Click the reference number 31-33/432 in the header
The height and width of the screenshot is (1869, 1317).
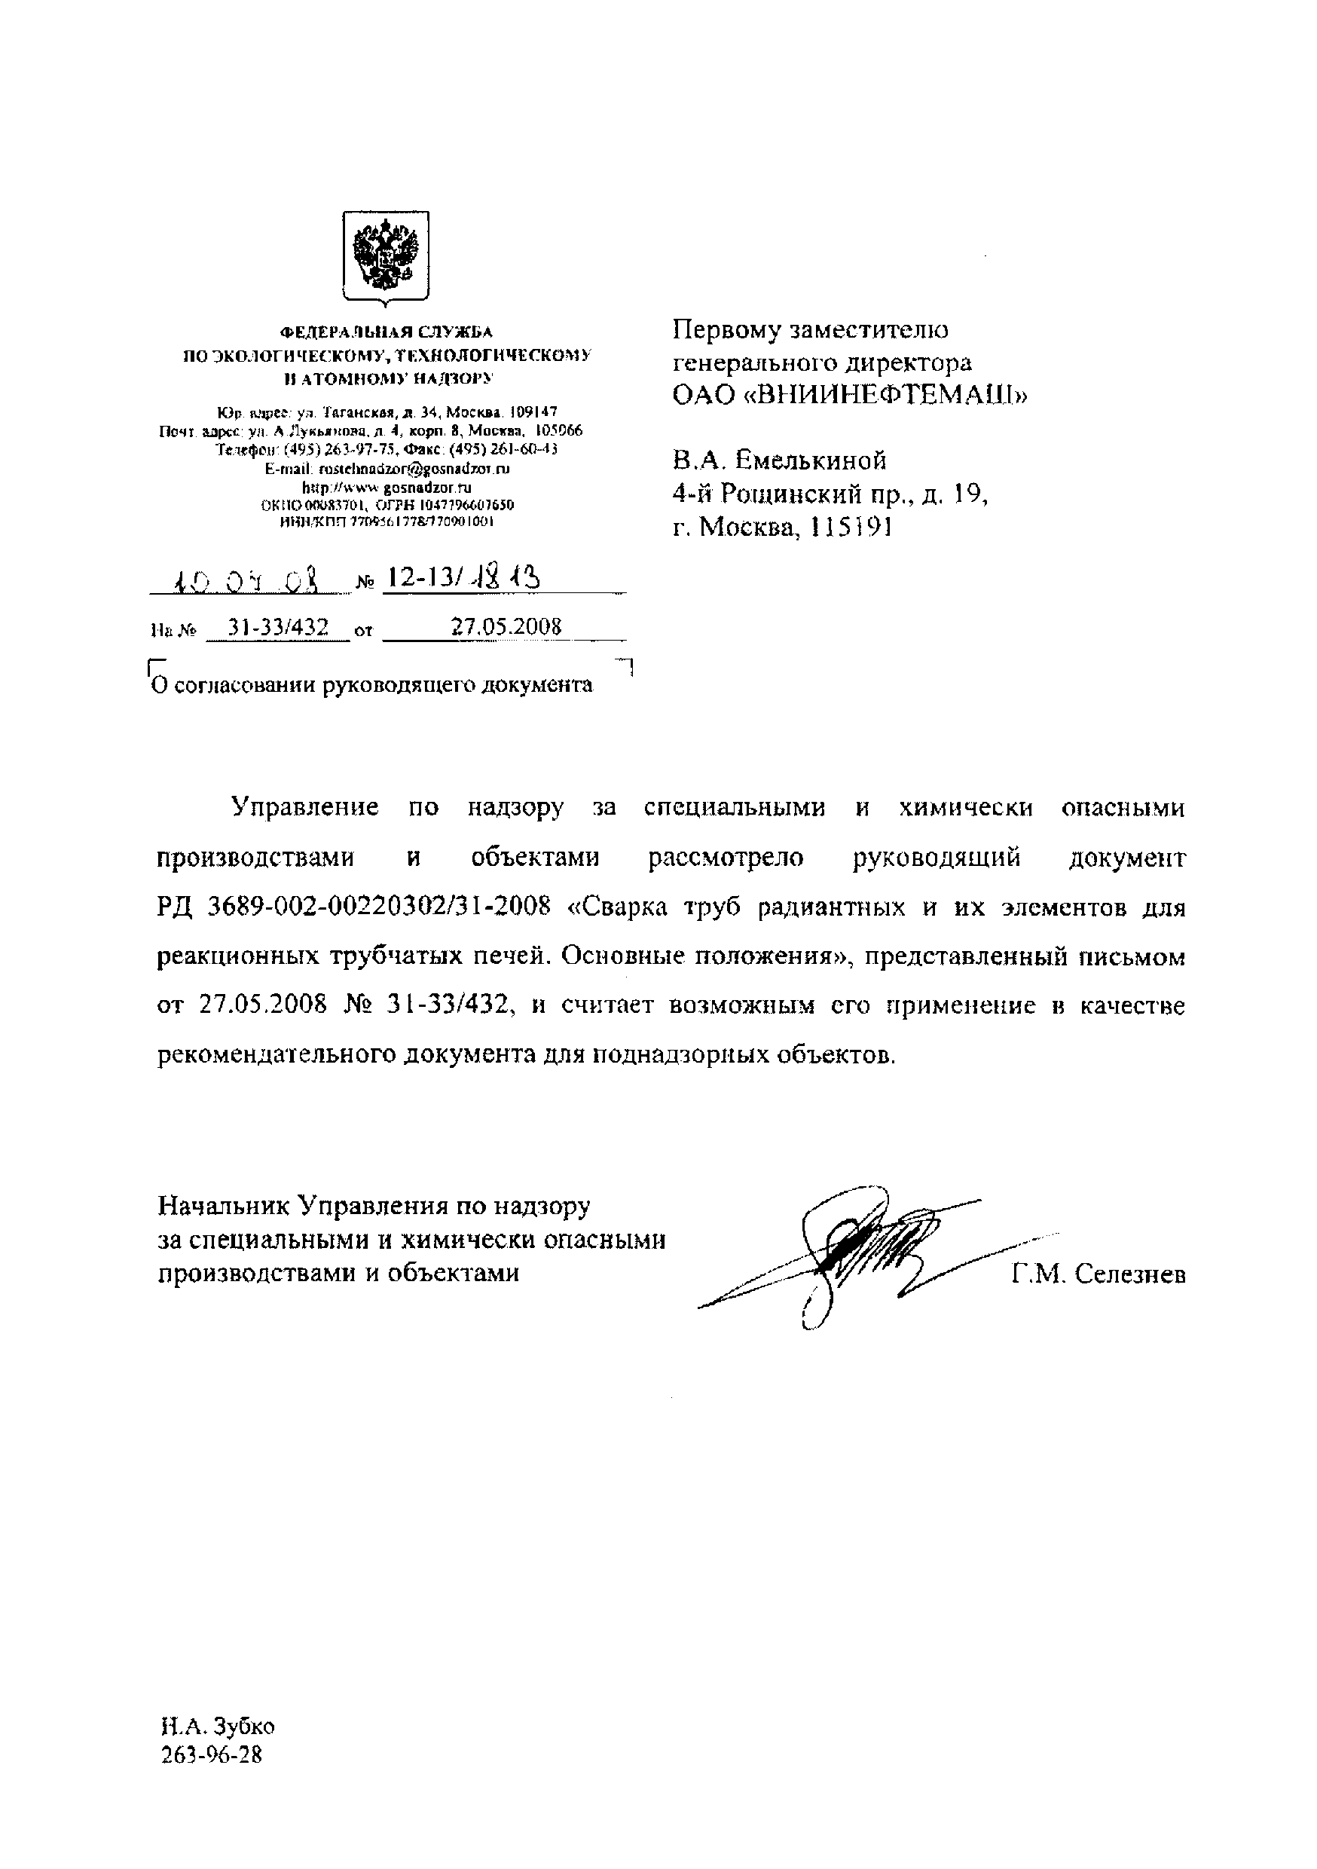pos(278,627)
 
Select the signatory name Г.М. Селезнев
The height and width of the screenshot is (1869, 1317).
pos(1099,1274)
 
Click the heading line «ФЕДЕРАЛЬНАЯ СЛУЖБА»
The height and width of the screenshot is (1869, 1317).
pos(387,332)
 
